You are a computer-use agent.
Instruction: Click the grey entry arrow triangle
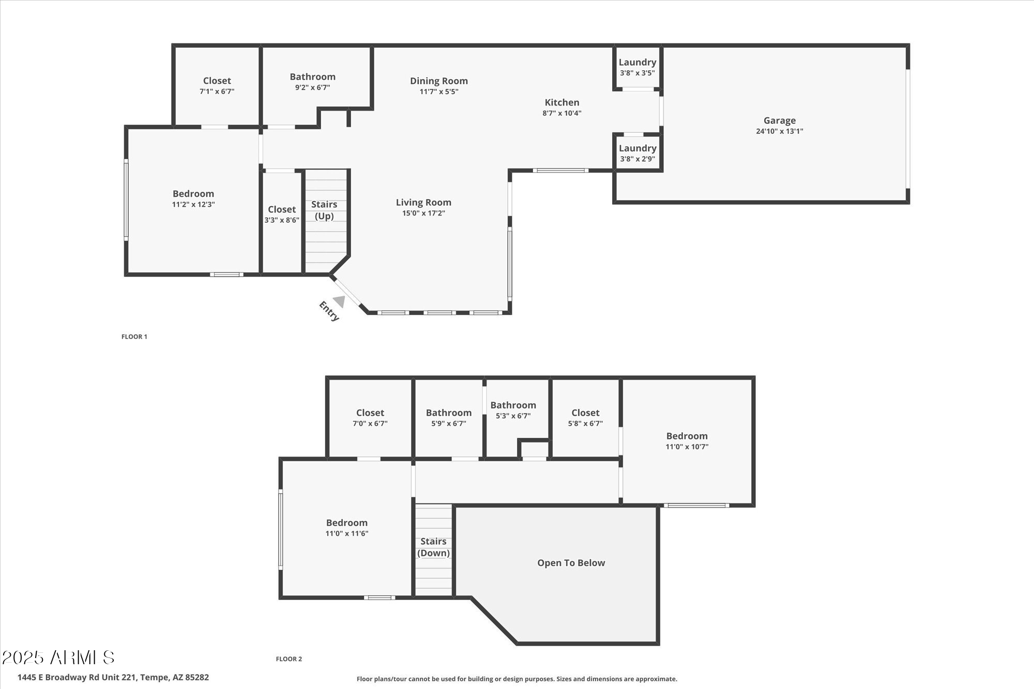click(x=340, y=301)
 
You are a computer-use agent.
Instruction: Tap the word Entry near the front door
click(x=329, y=311)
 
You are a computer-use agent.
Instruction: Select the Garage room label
click(x=779, y=120)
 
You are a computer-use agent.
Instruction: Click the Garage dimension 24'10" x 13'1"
click(x=779, y=131)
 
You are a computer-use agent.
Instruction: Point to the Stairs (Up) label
click(x=324, y=210)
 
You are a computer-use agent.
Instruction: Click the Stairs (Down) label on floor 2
click(x=433, y=547)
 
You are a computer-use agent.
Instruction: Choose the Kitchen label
click(x=561, y=102)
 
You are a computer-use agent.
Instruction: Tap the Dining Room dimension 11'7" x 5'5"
click(x=438, y=92)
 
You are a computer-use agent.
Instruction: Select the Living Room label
click(x=423, y=202)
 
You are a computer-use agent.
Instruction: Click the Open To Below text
click(x=571, y=563)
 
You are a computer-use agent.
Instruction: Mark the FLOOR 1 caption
click(x=134, y=336)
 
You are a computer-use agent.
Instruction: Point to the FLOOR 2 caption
click(x=289, y=659)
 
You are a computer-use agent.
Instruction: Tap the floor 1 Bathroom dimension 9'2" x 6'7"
click(x=312, y=88)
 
